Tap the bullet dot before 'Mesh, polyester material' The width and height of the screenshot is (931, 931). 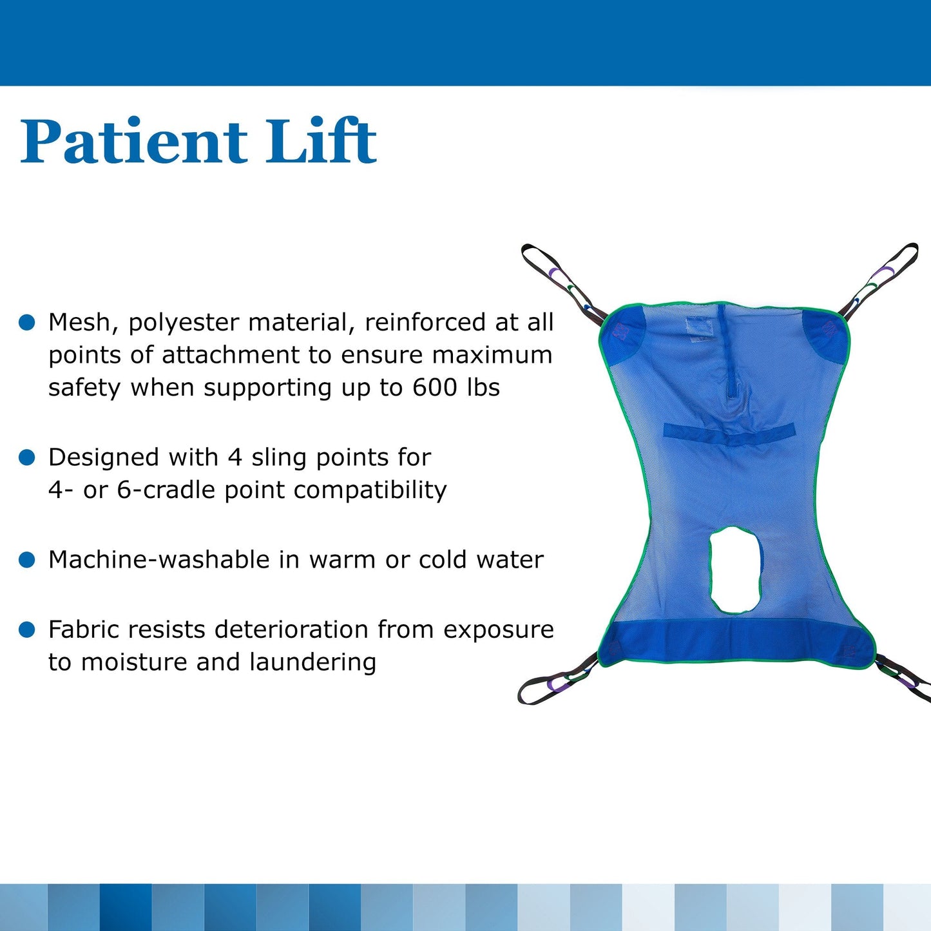click(27, 323)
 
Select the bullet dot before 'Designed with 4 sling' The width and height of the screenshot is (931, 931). click(27, 457)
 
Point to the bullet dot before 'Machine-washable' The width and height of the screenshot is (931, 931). click(27, 560)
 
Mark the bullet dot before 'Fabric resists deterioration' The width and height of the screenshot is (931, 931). click(27, 629)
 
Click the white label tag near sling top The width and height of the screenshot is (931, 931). click(699, 329)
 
